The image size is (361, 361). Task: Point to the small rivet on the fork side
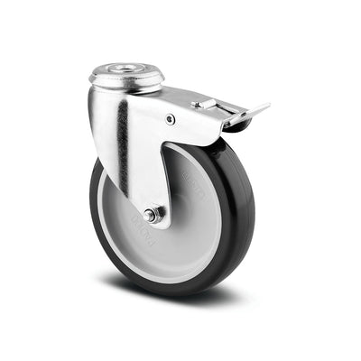click(171, 118)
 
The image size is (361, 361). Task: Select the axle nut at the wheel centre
click(154, 214)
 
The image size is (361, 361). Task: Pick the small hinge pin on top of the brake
click(197, 106)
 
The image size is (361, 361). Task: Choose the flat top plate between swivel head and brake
click(180, 95)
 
